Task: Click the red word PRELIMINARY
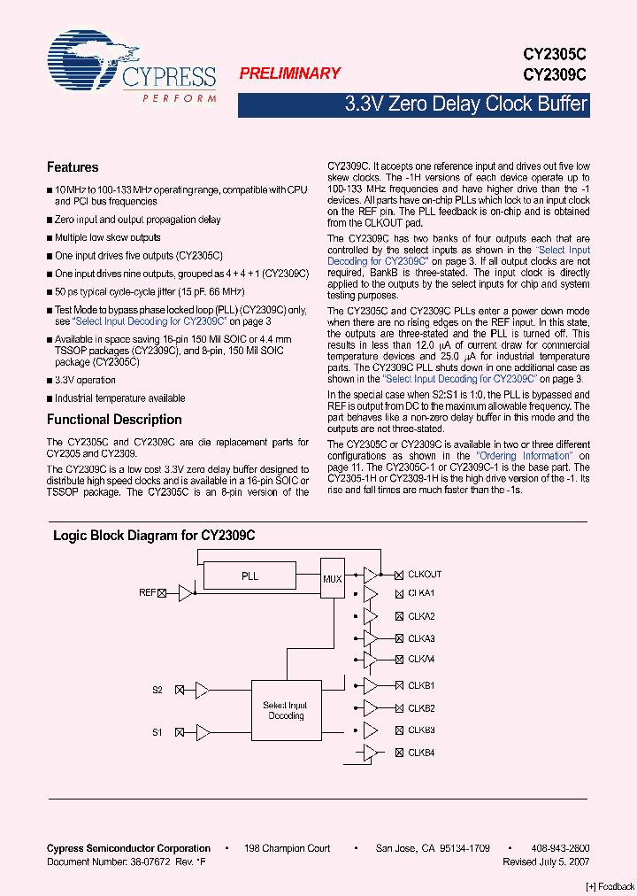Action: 289,74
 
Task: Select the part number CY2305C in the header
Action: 555,55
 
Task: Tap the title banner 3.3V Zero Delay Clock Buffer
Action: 465,104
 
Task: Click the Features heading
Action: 73,167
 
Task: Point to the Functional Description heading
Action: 114,420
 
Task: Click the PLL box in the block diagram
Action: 250,576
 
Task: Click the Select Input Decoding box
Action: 286,710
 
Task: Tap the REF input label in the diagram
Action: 147,592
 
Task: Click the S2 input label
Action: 157,690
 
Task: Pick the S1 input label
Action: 157,732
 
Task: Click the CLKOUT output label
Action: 425,575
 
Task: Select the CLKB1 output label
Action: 421,686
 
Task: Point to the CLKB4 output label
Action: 421,753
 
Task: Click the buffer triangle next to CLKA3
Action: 371,638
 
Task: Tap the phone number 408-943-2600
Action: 562,848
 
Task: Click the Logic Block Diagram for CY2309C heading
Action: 154,536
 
